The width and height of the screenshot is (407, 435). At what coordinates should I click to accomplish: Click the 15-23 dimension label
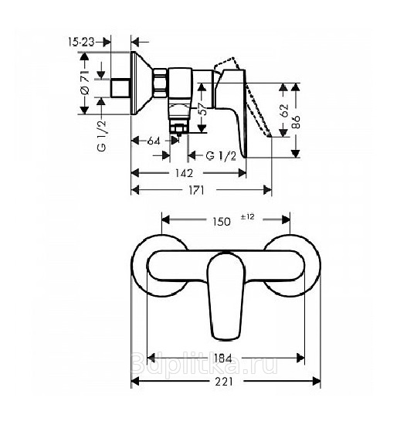pyautogui.click(x=81, y=42)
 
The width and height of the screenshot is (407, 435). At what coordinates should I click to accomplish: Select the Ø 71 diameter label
pyautogui.click(x=84, y=83)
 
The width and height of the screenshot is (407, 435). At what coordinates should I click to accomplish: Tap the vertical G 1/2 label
pyautogui.click(x=101, y=136)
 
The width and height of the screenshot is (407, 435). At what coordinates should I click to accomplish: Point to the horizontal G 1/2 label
pyautogui.click(x=221, y=156)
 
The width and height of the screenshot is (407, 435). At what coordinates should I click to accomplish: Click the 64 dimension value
pyautogui.click(x=154, y=141)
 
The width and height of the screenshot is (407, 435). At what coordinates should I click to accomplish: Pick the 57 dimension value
pyautogui.click(x=203, y=109)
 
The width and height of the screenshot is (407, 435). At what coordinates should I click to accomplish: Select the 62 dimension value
pyautogui.click(x=284, y=110)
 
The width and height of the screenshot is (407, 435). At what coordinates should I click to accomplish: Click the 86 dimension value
pyautogui.click(x=296, y=122)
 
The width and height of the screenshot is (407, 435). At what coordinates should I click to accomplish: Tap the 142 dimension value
pyautogui.click(x=184, y=173)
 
